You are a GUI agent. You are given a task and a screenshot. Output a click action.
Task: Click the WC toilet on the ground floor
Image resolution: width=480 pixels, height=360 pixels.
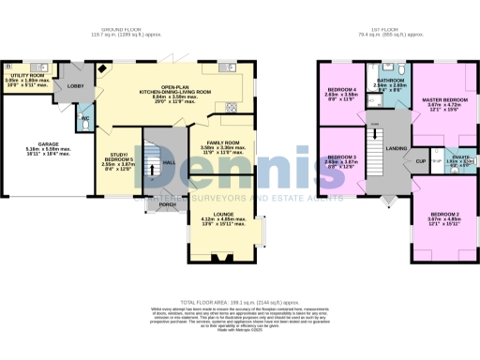(x=82, y=120)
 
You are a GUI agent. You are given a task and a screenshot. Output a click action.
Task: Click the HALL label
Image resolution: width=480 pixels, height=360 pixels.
(x=168, y=160)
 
